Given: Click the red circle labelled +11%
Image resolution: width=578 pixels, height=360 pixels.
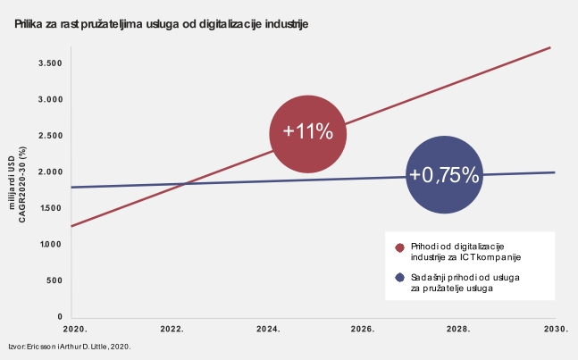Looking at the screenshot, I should pyautogui.click(x=307, y=132).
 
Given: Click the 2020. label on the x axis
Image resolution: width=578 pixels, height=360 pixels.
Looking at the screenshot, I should pyautogui.click(x=73, y=329).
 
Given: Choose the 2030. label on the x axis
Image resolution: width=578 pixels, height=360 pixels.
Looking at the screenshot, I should pyautogui.click(x=556, y=329).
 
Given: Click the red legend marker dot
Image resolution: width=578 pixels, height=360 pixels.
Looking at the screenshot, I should pyautogui.click(x=399, y=247).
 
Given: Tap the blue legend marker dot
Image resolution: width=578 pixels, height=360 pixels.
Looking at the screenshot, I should pyautogui.click(x=399, y=279).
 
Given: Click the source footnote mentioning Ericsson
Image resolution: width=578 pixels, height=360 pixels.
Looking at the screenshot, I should pyautogui.click(x=70, y=345).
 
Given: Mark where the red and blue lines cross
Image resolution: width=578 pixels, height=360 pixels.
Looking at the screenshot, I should pyautogui.click(x=183, y=184).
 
